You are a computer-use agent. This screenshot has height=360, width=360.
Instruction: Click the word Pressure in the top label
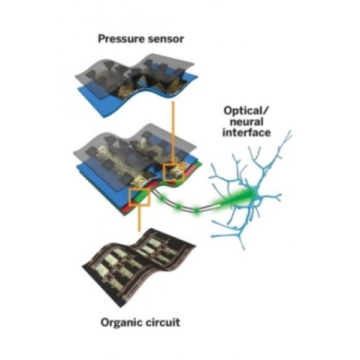tap(121, 39)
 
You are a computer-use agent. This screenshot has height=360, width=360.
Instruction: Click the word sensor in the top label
tap(166, 40)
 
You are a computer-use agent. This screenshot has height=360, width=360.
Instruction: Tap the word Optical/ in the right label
tap(246, 112)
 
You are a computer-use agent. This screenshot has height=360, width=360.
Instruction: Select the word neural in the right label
tap(246, 122)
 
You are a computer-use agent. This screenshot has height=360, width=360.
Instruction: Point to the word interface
tap(246, 132)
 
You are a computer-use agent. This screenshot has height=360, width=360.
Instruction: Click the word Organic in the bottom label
tap(121, 323)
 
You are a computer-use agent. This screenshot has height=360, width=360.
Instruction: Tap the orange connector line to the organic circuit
tap(139, 218)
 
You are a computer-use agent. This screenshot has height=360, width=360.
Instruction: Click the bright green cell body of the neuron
tap(254, 193)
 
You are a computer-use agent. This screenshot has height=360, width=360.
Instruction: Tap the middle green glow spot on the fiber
tap(179, 206)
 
